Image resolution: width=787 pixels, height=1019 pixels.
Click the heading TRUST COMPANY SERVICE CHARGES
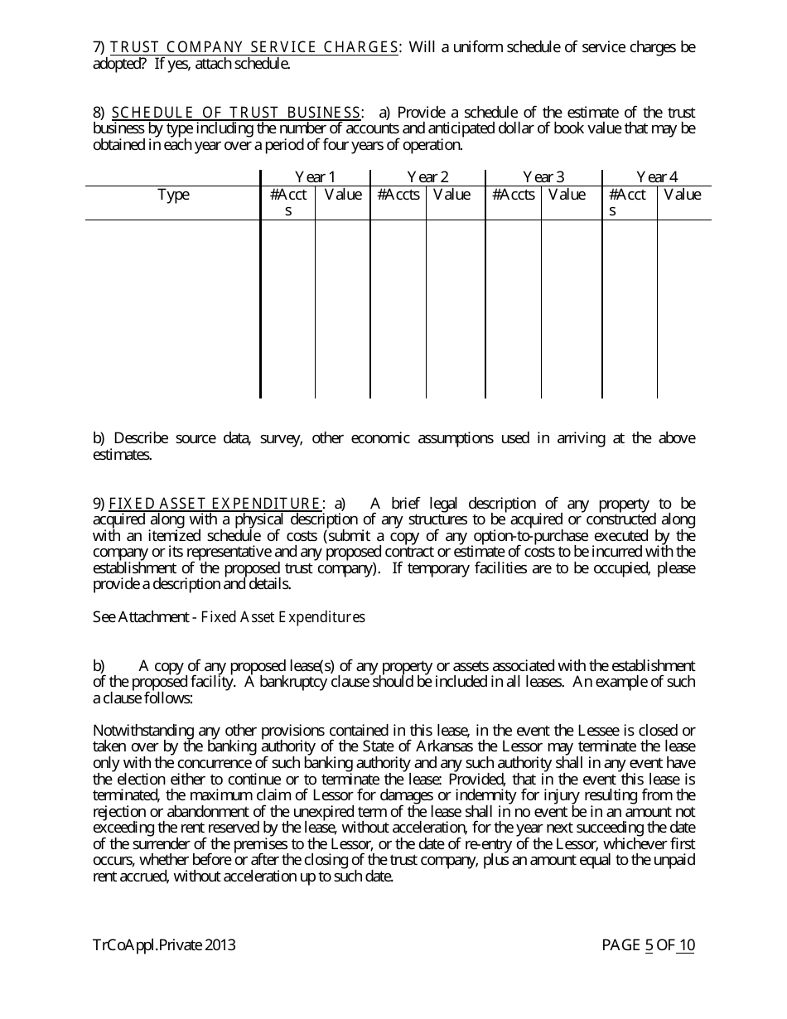point(253,47)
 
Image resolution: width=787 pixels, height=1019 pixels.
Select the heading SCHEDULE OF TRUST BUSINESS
point(236,113)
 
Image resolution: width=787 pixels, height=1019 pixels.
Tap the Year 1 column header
point(315,177)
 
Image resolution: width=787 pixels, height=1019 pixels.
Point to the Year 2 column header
point(427,177)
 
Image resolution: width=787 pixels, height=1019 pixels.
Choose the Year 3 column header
point(543,177)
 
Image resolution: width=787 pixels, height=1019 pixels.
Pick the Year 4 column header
point(657,177)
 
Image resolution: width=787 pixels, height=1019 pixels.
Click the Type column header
point(173,195)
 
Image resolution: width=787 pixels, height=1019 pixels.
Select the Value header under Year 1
point(342,195)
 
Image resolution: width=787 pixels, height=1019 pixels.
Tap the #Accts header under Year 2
point(398,195)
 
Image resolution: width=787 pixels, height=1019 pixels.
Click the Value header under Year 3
point(567,195)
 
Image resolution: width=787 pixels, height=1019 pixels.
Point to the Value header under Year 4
point(682,195)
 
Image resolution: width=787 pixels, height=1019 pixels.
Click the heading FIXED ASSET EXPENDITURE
point(215,504)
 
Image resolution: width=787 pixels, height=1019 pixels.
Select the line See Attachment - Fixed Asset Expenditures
point(229,617)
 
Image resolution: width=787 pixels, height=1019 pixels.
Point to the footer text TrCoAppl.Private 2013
point(164,945)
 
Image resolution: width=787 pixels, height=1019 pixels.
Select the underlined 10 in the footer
point(686,945)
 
